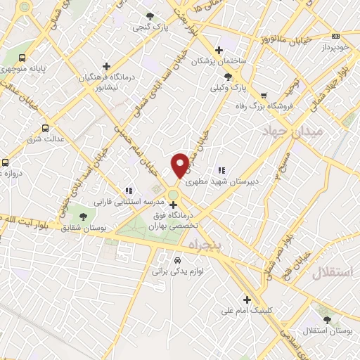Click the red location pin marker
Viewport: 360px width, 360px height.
point(180,165)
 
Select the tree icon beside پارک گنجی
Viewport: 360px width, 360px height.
point(148,15)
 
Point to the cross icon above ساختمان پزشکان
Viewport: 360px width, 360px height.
point(219,50)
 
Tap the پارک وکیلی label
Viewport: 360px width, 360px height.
point(231,89)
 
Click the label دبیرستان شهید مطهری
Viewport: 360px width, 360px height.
point(247,180)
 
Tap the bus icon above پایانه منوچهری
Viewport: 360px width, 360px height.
point(22,58)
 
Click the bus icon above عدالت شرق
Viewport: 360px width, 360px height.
point(46,127)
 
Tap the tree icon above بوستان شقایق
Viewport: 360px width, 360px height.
point(83,216)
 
